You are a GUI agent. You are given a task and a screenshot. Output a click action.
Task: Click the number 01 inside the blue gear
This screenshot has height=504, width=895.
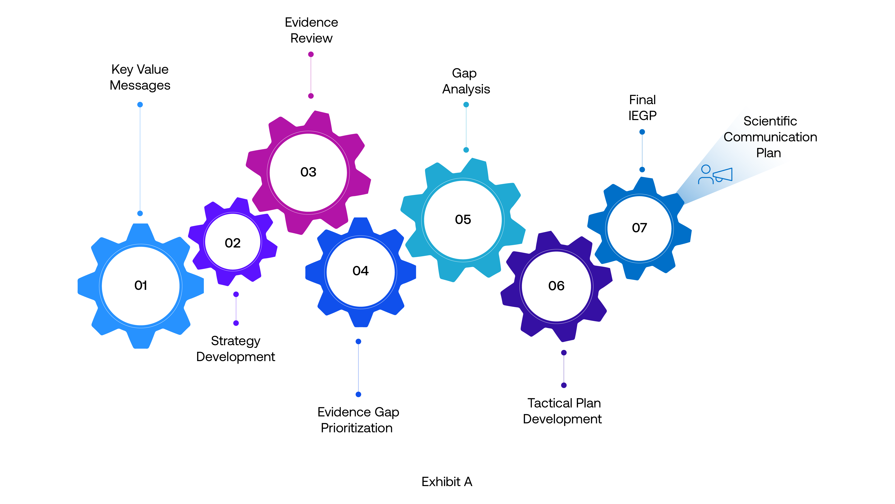pos(141,286)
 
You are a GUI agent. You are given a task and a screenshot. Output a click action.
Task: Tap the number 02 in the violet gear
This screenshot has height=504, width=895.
pos(232,243)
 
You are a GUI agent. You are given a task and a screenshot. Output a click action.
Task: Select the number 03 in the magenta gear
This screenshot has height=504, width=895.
pos(308,172)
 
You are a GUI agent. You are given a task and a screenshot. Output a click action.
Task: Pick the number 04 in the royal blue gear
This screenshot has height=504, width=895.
pos(360,271)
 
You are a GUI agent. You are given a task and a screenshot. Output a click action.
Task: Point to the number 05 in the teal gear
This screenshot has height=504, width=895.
pos(463,220)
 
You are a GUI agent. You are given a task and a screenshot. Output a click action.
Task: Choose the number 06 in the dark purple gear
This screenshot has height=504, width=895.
pos(556,286)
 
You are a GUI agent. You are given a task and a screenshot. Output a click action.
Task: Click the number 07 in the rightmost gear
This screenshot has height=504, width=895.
pos(639,228)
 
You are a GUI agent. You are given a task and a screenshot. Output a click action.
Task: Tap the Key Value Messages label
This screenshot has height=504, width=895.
pos(140,77)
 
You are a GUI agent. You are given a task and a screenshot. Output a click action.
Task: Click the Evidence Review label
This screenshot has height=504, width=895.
pos(311,30)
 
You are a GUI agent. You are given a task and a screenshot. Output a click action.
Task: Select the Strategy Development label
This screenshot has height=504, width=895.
pos(236,349)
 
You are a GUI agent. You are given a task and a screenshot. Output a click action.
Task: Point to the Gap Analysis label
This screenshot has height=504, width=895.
pos(466,81)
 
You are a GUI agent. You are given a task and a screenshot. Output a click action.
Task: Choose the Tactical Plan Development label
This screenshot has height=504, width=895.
pos(563,411)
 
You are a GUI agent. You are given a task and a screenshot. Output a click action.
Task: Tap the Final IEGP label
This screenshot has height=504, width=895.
pos(642,108)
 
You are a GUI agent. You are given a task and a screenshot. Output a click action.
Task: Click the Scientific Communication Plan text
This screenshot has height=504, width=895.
pos(770,137)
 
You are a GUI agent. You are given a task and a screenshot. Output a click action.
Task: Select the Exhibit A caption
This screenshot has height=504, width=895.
pos(447,482)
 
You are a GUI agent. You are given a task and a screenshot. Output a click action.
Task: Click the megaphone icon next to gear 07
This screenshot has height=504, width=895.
pos(723,175)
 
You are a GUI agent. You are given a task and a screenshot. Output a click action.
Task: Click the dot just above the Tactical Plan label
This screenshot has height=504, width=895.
pos(564,385)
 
